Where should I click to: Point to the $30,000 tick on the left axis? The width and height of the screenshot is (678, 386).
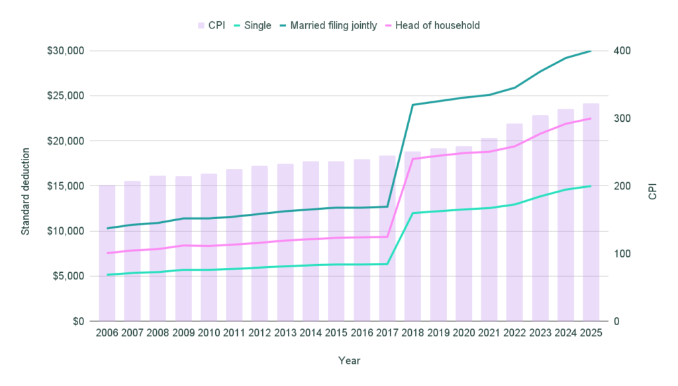tap(65, 51)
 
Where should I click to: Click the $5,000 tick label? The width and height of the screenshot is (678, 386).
tap(68, 276)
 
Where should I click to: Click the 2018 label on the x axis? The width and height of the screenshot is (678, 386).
tap(412, 333)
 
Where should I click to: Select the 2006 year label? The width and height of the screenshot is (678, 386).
tap(107, 333)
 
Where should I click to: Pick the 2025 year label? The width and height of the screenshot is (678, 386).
tap(591, 333)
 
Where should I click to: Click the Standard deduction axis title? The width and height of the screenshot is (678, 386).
tap(26, 186)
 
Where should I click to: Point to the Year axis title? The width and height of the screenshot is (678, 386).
tap(349, 361)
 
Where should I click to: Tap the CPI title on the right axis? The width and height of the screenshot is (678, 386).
tap(652, 186)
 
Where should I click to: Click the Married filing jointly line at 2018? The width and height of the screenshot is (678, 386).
tap(412, 105)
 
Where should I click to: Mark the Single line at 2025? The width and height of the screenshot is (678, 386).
tap(591, 186)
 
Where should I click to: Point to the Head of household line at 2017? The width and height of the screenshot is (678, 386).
tap(387, 236)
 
